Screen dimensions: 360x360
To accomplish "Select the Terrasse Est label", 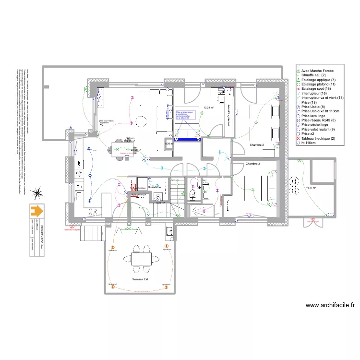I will [141, 278].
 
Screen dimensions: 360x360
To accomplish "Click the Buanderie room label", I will [154, 187].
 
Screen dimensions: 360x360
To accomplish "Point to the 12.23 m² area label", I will [208, 108].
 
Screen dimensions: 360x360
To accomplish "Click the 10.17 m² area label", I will [311, 188].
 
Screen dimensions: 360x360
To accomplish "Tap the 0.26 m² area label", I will [168, 144].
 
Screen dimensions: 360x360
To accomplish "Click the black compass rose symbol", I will [36, 193].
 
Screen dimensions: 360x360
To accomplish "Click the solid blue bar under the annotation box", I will [187, 140].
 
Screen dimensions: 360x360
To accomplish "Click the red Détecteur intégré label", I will [72, 229].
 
